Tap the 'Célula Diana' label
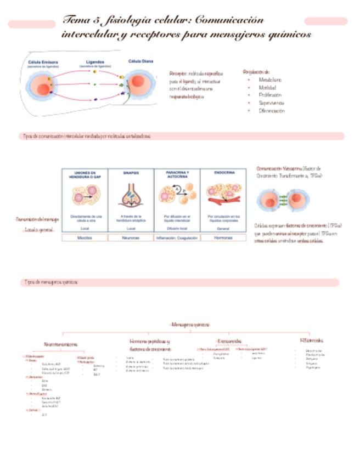(140, 61)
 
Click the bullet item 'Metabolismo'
(270, 80)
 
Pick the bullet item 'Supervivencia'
(271, 103)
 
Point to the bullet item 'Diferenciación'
(272, 110)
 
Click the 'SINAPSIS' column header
(131, 173)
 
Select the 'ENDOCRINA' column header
(224, 172)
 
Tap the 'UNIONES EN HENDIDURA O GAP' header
(85, 175)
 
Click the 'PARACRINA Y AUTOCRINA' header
(177, 175)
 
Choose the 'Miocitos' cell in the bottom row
(85, 238)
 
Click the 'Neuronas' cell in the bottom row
(131, 238)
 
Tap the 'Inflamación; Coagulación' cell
(177, 238)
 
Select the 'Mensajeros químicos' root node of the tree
(190, 325)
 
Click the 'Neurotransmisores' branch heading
(60, 344)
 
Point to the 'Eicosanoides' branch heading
(229, 341)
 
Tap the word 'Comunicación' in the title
(229, 20)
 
